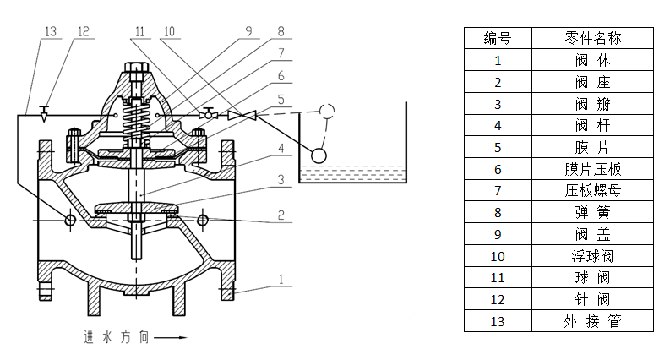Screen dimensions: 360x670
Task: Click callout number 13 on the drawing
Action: [x=50, y=31]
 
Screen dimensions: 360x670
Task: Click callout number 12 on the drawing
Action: [x=82, y=31]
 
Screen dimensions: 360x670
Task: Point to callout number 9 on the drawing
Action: [x=248, y=31]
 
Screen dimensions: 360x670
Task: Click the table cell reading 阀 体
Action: [x=592, y=60]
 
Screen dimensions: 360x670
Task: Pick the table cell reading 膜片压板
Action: [x=592, y=169]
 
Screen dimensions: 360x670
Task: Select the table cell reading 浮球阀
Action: [x=592, y=256]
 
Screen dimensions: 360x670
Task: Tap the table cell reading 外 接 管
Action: [x=592, y=321]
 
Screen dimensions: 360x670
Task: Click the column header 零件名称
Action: [x=592, y=38]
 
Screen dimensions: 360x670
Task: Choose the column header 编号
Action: [x=498, y=38]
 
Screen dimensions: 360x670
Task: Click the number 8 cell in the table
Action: [x=498, y=212]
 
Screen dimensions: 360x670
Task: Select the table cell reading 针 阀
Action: [x=592, y=299]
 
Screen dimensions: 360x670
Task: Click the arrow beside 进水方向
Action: [x=171, y=337]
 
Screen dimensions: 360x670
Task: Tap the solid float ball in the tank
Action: [x=319, y=155]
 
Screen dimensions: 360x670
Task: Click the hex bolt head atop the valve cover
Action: [x=134, y=68]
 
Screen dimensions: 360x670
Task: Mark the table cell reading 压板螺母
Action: [x=592, y=191]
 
